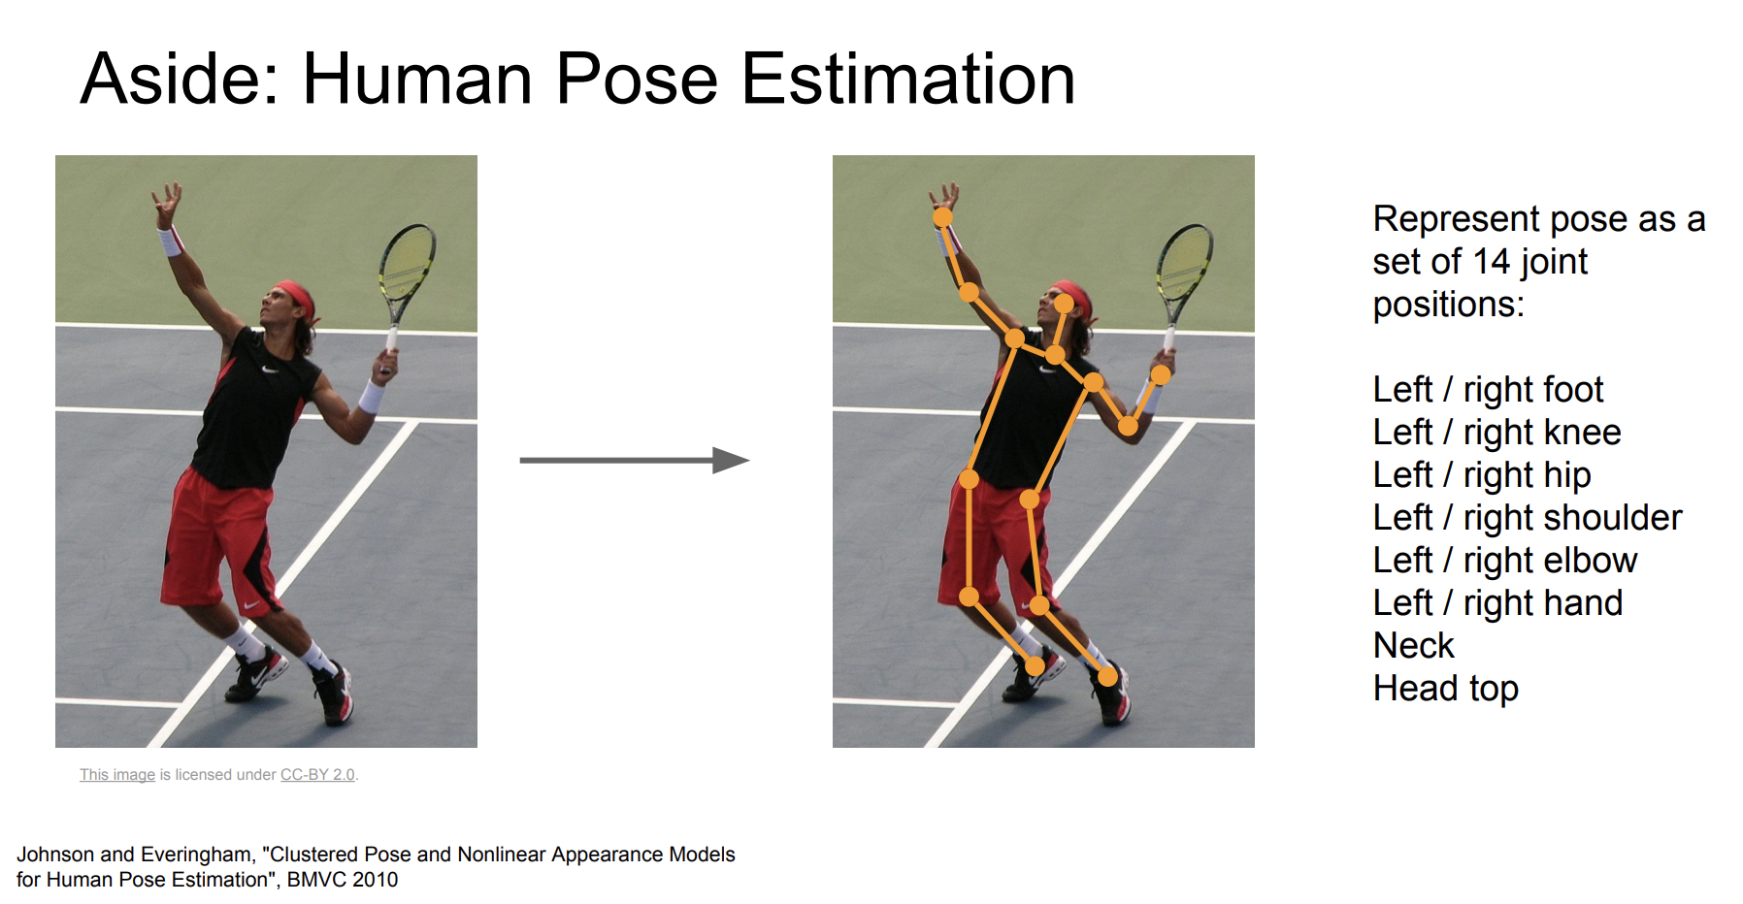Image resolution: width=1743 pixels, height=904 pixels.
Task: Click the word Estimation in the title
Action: tap(908, 79)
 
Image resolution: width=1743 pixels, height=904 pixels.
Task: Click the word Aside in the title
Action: tap(181, 79)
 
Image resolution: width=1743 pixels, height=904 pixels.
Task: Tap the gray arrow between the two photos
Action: tap(635, 460)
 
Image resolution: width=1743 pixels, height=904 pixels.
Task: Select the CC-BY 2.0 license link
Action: tap(317, 774)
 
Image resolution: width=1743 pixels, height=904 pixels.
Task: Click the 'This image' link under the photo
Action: tap(117, 774)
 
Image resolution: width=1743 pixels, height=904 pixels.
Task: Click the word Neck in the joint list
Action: tap(1414, 645)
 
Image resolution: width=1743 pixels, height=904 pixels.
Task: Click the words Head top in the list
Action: tap(1446, 689)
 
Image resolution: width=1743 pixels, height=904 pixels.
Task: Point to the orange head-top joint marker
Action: tap(1065, 304)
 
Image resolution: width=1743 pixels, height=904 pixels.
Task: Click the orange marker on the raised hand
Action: tap(942, 217)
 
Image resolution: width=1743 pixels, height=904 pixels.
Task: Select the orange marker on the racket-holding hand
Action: tap(1161, 374)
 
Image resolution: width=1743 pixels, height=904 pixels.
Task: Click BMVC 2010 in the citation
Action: tap(343, 880)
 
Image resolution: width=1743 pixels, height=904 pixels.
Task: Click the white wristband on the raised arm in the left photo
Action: tap(171, 241)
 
